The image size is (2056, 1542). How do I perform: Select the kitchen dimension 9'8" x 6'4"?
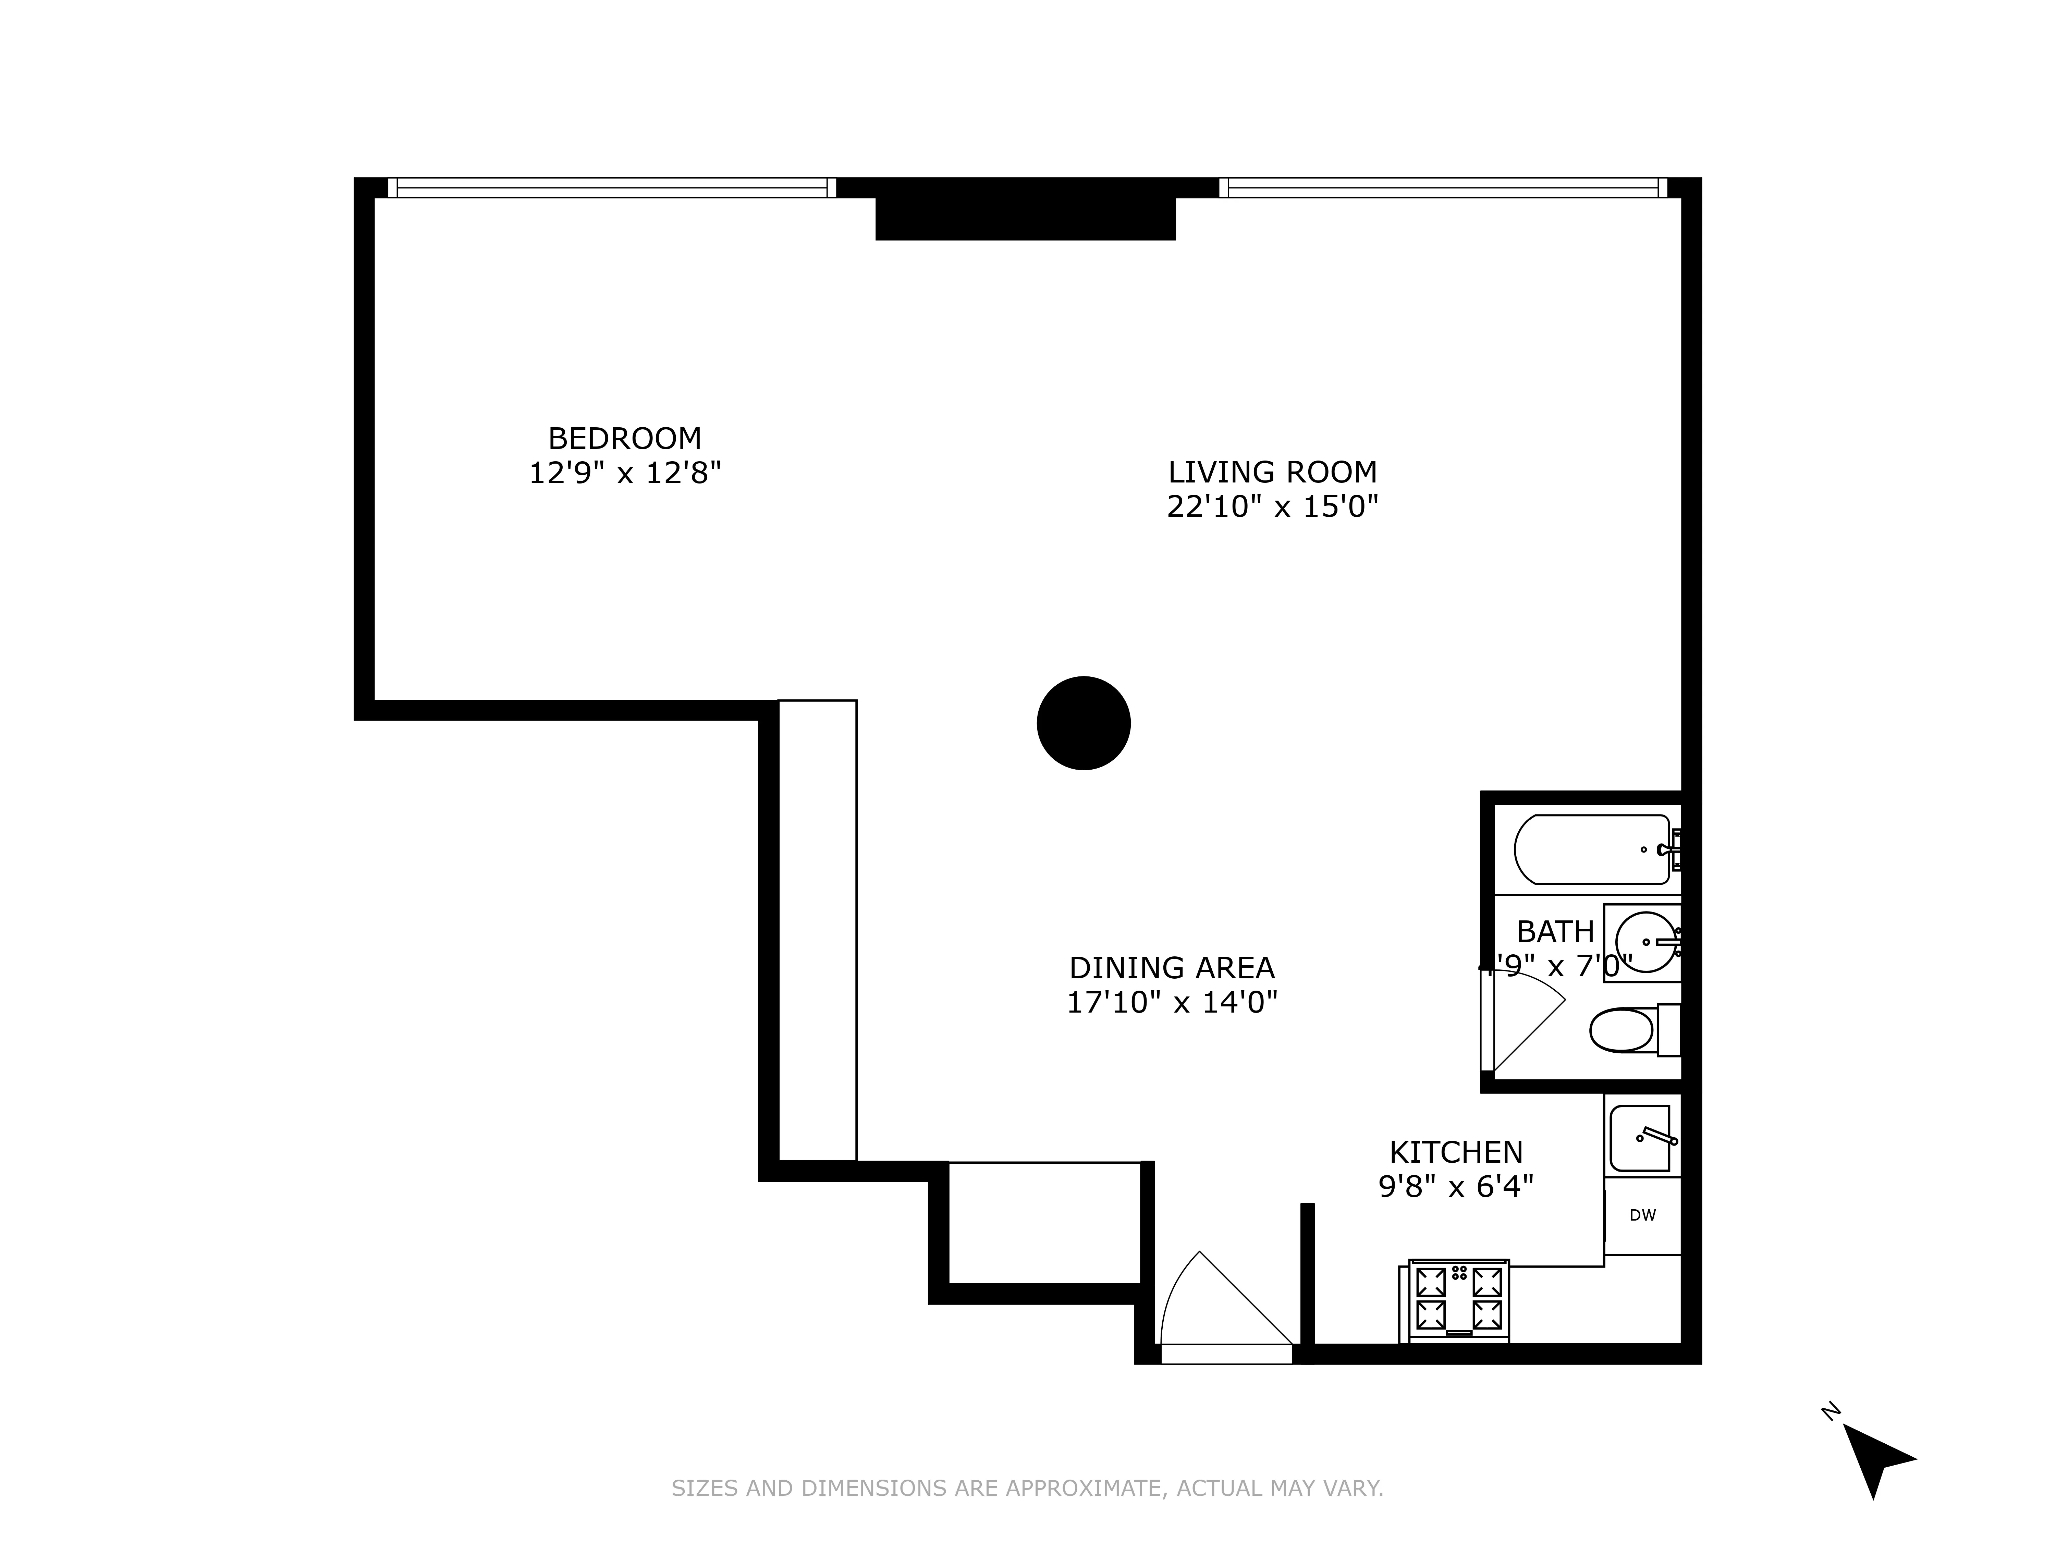1456,1186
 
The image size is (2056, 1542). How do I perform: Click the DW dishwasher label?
1642,1215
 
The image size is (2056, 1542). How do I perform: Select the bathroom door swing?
1524,1018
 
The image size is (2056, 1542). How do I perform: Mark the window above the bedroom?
611,188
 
